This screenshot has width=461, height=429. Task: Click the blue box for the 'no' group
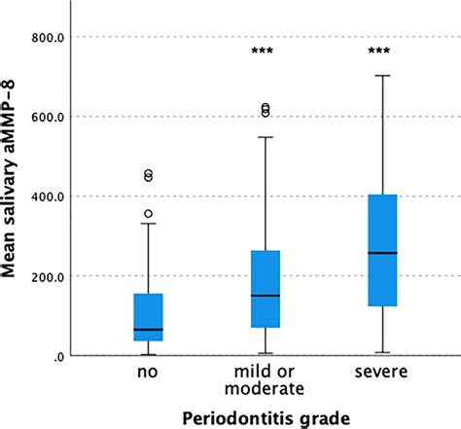(x=148, y=316)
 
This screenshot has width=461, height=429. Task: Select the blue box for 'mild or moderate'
(x=265, y=289)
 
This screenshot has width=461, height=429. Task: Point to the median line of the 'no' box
(x=148, y=330)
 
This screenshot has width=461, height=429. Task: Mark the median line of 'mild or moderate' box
(x=265, y=295)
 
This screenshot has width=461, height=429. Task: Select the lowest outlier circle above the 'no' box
(x=148, y=213)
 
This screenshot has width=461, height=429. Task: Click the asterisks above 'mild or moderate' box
(x=265, y=52)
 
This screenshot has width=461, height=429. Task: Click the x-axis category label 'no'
(x=148, y=373)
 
